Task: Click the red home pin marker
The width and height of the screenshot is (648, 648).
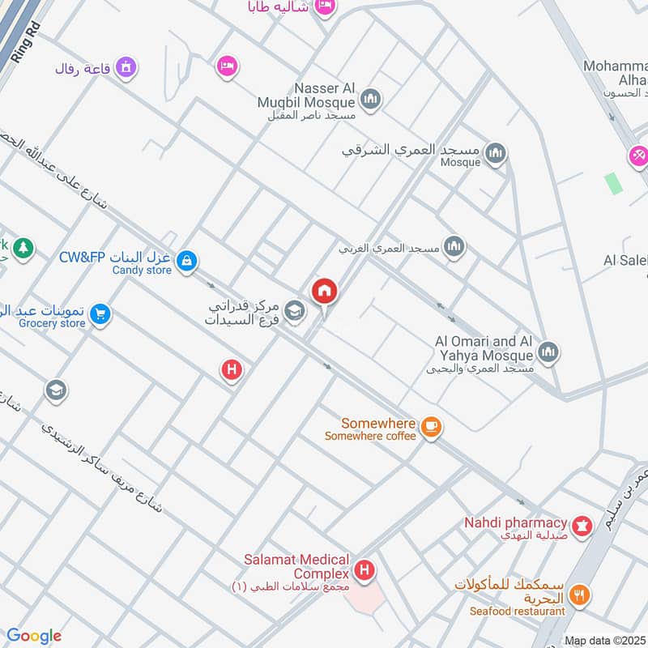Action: point(324,291)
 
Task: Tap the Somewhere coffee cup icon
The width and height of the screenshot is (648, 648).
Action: point(432,425)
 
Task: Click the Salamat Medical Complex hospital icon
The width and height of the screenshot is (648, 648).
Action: point(364,571)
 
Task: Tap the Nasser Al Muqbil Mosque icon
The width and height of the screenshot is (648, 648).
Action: point(371,99)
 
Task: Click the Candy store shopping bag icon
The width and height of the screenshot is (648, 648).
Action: point(187,261)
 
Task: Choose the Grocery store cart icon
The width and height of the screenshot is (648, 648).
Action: point(100,313)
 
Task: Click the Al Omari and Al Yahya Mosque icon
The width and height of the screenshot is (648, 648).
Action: point(548,352)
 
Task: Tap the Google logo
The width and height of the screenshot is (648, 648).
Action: point(34,636)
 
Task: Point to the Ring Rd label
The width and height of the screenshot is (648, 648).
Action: point(26,42)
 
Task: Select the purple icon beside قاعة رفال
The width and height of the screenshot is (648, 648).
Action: point(125,67)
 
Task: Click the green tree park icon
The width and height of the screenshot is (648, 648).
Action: point(23,247)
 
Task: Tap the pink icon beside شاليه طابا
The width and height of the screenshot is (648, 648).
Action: point(325,6)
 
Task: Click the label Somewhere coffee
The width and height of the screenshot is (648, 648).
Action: point(370,436)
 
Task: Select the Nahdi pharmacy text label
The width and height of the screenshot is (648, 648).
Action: point(515,522)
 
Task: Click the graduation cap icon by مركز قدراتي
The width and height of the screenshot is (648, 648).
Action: point(295,309)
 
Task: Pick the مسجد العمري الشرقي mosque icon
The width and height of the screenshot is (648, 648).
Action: point(495,152)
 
